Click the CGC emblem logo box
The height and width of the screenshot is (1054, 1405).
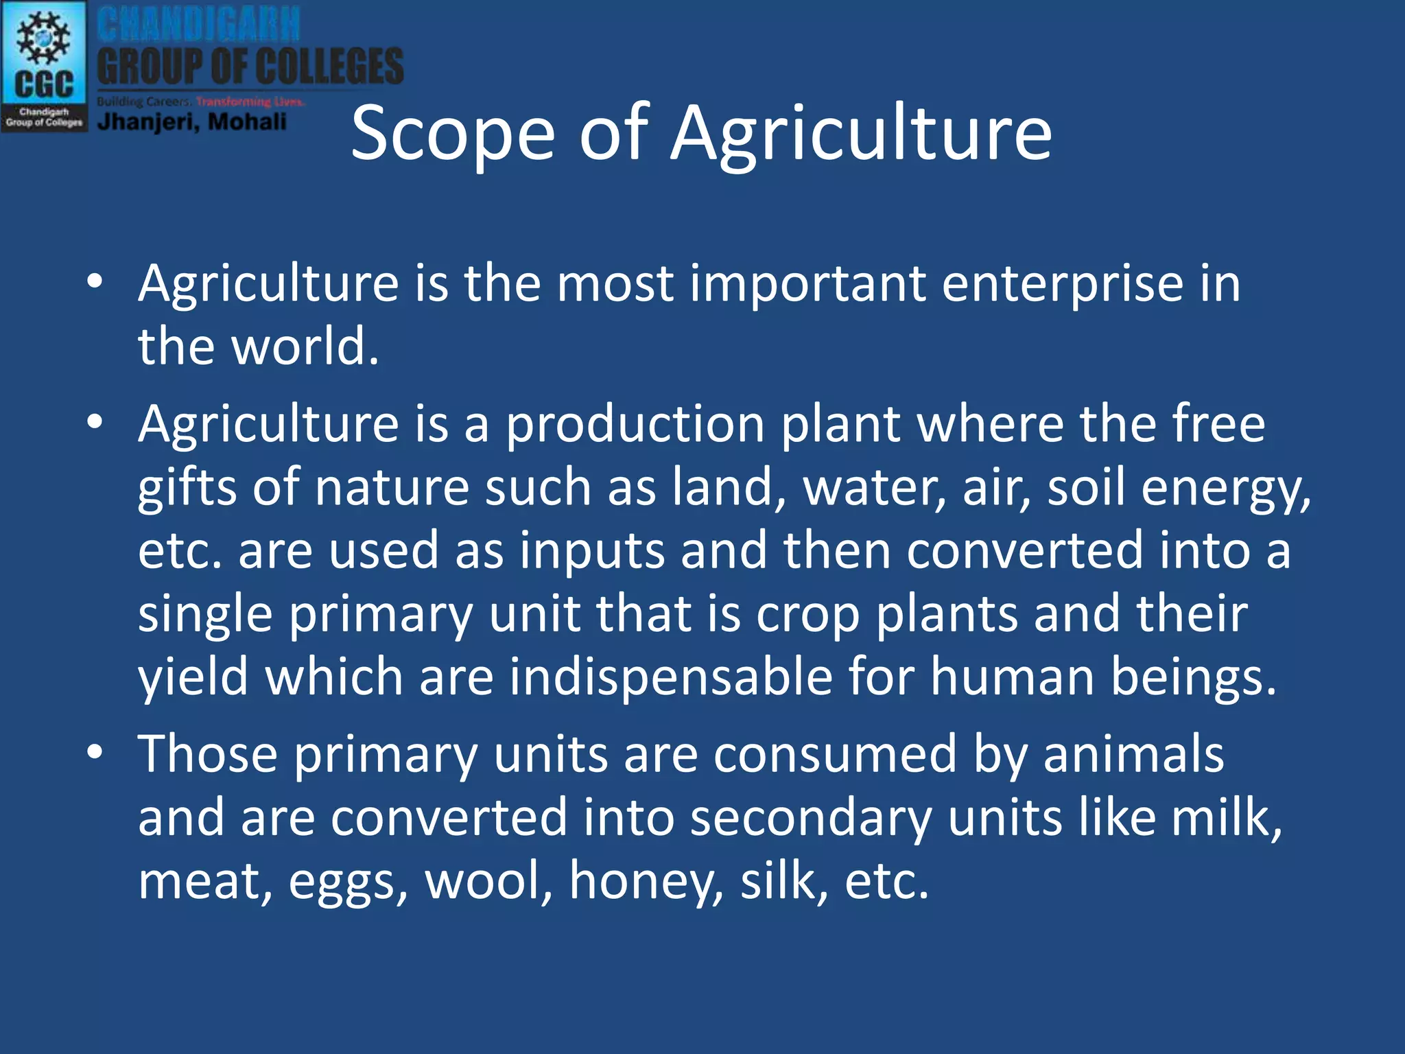[44, 66]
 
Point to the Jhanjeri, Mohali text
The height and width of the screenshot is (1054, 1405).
[192, 122]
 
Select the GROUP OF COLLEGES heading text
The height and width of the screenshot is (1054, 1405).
[250, 67]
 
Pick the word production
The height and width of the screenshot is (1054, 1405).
[635, 424]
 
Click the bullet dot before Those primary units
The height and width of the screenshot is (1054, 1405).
[95, 753]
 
